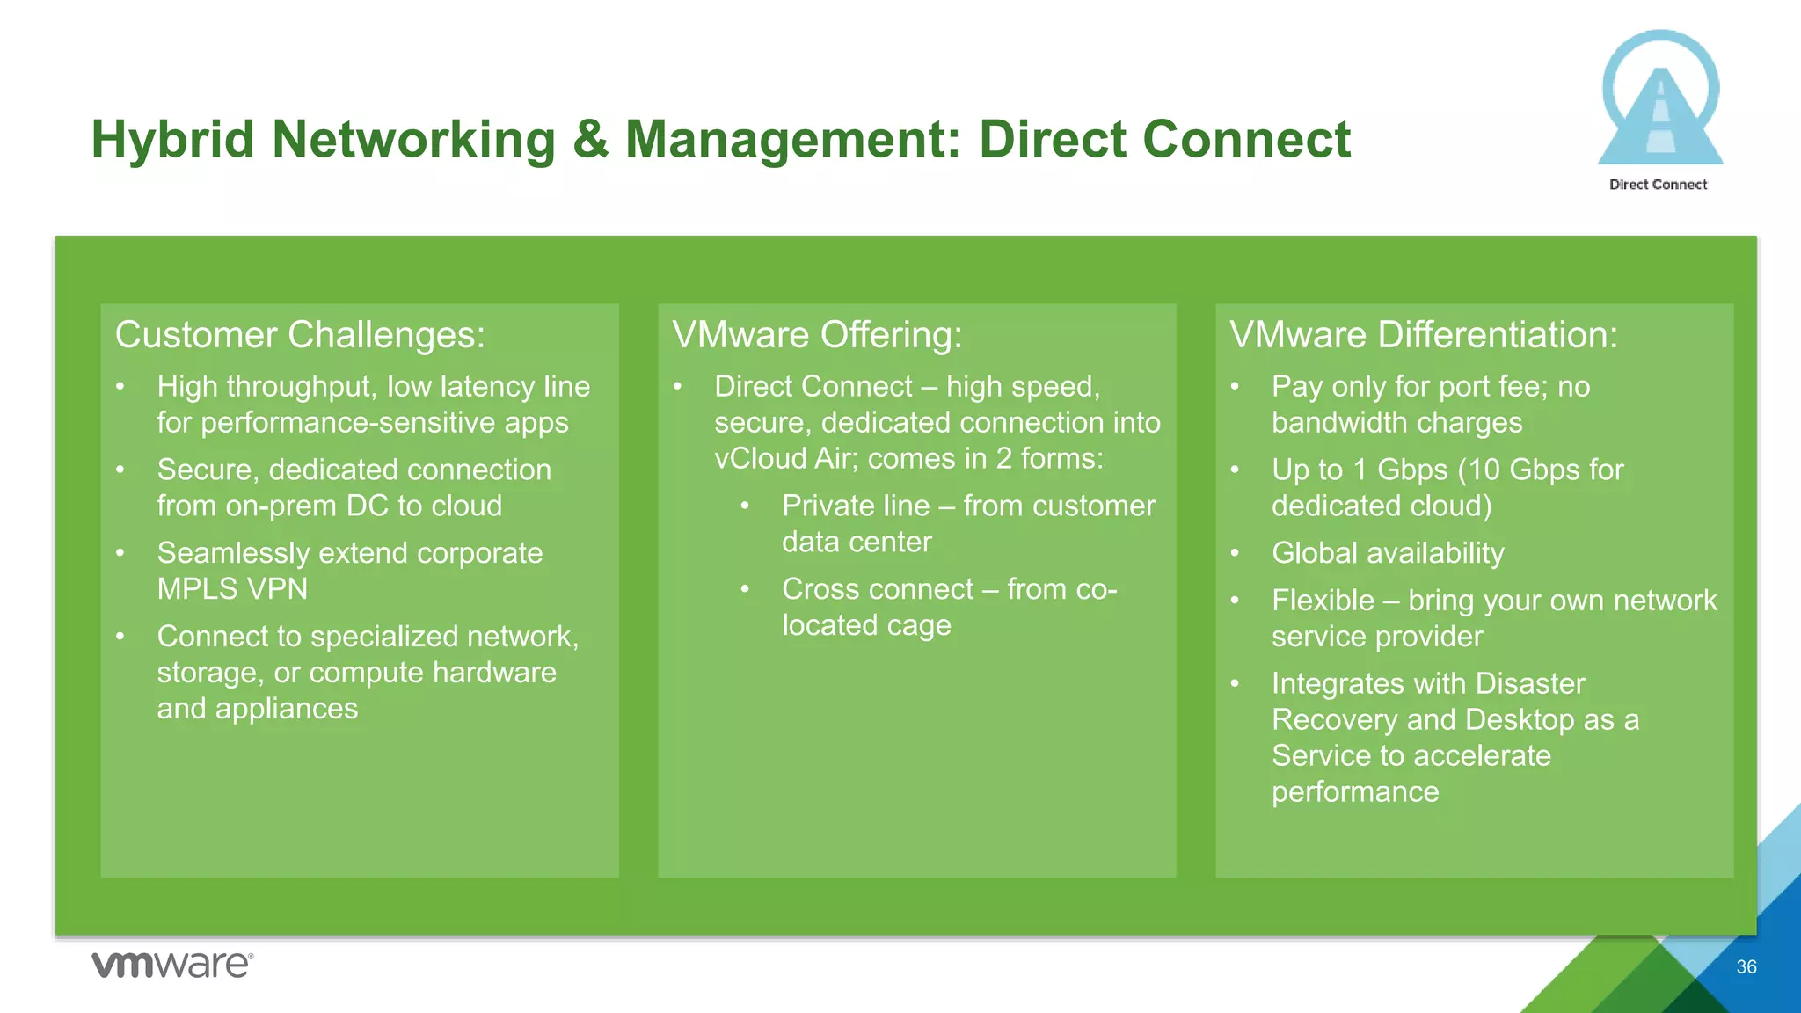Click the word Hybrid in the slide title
click(172, 140)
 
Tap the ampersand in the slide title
click(590, 140)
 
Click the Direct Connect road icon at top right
click(1659, 101)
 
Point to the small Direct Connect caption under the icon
click(1658, 185)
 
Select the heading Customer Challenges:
click(300, 335)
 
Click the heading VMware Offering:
click(817, 335)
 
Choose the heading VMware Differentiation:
click(1423, 335)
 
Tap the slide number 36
click(1746, 967)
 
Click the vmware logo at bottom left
click(172, 965)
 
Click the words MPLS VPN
click(232, 589)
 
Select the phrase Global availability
click(1388, 553)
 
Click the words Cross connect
click(878, 589)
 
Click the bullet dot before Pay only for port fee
click(1235, 386)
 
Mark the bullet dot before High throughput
click(120, 386)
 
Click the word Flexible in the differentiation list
click(1323, 601)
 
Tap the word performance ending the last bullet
click(1355, 792)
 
